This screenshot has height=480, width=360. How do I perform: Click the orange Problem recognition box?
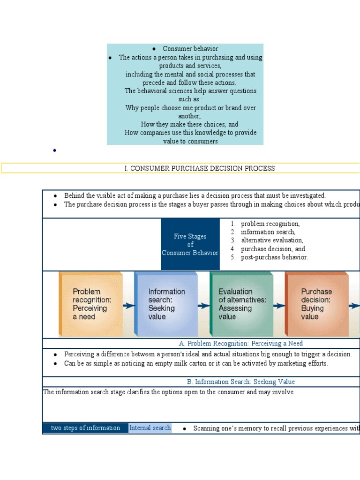[x=90, y=304]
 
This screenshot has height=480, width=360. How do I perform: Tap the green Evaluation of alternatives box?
[x=241, y=304]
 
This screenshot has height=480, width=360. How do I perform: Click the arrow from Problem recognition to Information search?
[x=128, y=306]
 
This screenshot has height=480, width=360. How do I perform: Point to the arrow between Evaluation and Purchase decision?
[x=279, y=306]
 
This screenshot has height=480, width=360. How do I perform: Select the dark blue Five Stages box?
[x=190, y=244]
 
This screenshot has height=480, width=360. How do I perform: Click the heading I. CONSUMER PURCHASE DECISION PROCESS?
[x=200, y=168]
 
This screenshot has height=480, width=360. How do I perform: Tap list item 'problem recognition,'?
[x=270, y=224]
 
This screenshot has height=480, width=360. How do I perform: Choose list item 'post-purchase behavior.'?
[x=274, y=257]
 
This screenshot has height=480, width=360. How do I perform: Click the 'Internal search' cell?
[x=150, y=428]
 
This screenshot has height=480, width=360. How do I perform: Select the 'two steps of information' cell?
[x=85, y=428]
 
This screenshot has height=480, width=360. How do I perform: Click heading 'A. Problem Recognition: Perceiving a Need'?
[x=241, y=344]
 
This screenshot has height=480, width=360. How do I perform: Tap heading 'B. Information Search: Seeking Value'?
[x=241, y=382]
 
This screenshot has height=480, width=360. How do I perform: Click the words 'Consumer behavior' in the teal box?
[x=190, y=49]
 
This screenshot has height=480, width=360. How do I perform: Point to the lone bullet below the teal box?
[x=55, y=150]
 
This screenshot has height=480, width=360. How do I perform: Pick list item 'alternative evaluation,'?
[x=272, y=240]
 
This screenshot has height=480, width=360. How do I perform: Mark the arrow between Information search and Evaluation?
[x=204, y=306]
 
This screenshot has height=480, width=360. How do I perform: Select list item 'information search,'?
[x=268, y=232]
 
